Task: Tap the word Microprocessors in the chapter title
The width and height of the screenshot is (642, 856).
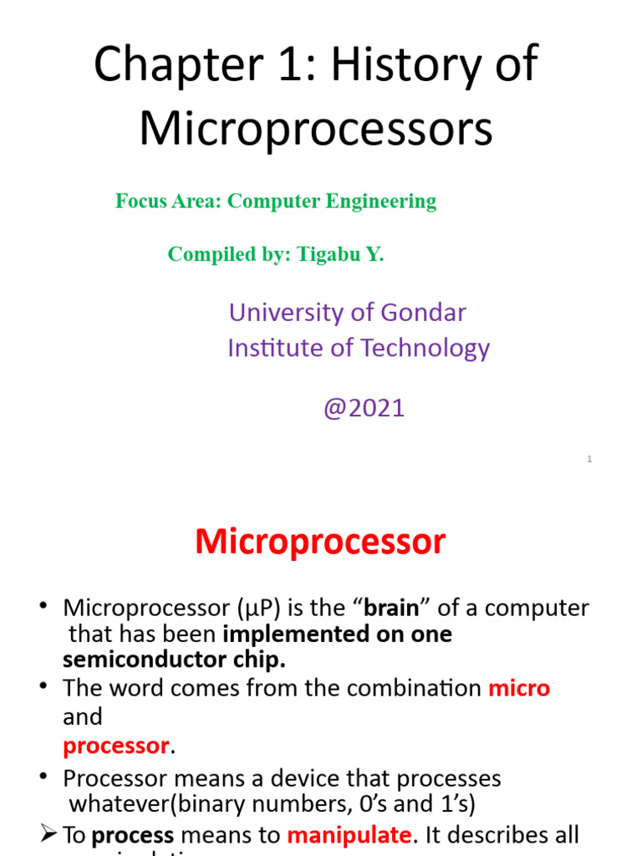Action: pyautogui.click(x=316, y=130)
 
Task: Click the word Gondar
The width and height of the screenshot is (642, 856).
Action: pyautogui.click(x=424, y=313)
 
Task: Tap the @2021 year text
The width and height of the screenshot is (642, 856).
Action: pyautogui.click(x=364, y=408)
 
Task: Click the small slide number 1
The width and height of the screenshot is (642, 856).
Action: pyautogui.click(x=589, y=459)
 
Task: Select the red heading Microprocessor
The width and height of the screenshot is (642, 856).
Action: pyautogui.click(x=320, y=543)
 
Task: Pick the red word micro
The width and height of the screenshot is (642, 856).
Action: pyautogui.click(x=519, y=689)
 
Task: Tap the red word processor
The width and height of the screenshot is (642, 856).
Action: pyautogui.click(x=116, y=745)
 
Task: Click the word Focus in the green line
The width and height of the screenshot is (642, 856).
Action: pyautogui.click(x=135, y=201)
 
